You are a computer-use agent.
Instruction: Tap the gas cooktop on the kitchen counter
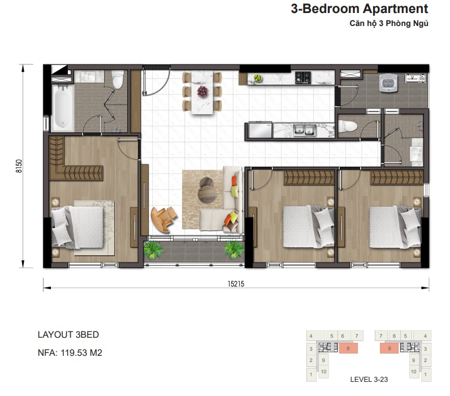tap(303, 78)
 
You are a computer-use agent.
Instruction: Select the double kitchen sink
tap(305, 130)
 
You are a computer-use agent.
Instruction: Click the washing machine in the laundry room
tap(388, 83)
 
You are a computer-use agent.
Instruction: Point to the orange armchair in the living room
tap(163, 218)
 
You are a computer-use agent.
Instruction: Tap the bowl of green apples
tap(257, 78)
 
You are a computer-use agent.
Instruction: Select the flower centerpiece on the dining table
tap(202, 91)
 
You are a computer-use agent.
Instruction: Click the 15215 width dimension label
tap(236, 284)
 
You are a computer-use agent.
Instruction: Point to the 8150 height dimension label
tap(19, 166)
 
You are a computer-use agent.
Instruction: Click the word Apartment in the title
tap(395, 9)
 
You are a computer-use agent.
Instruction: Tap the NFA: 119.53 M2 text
tap(70, 352)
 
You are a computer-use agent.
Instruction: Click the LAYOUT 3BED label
tap(68, 334)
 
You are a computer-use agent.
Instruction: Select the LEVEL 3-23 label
tap(369, 380)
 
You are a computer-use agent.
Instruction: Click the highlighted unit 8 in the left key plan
tap(348, 348)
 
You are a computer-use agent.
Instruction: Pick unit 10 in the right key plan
tap(413, 372)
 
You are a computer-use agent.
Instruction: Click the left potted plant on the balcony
tap(153, 250)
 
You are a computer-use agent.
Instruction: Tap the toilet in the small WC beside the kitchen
tap(348, 126)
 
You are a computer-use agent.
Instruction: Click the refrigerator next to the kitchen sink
tap(260, 130)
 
